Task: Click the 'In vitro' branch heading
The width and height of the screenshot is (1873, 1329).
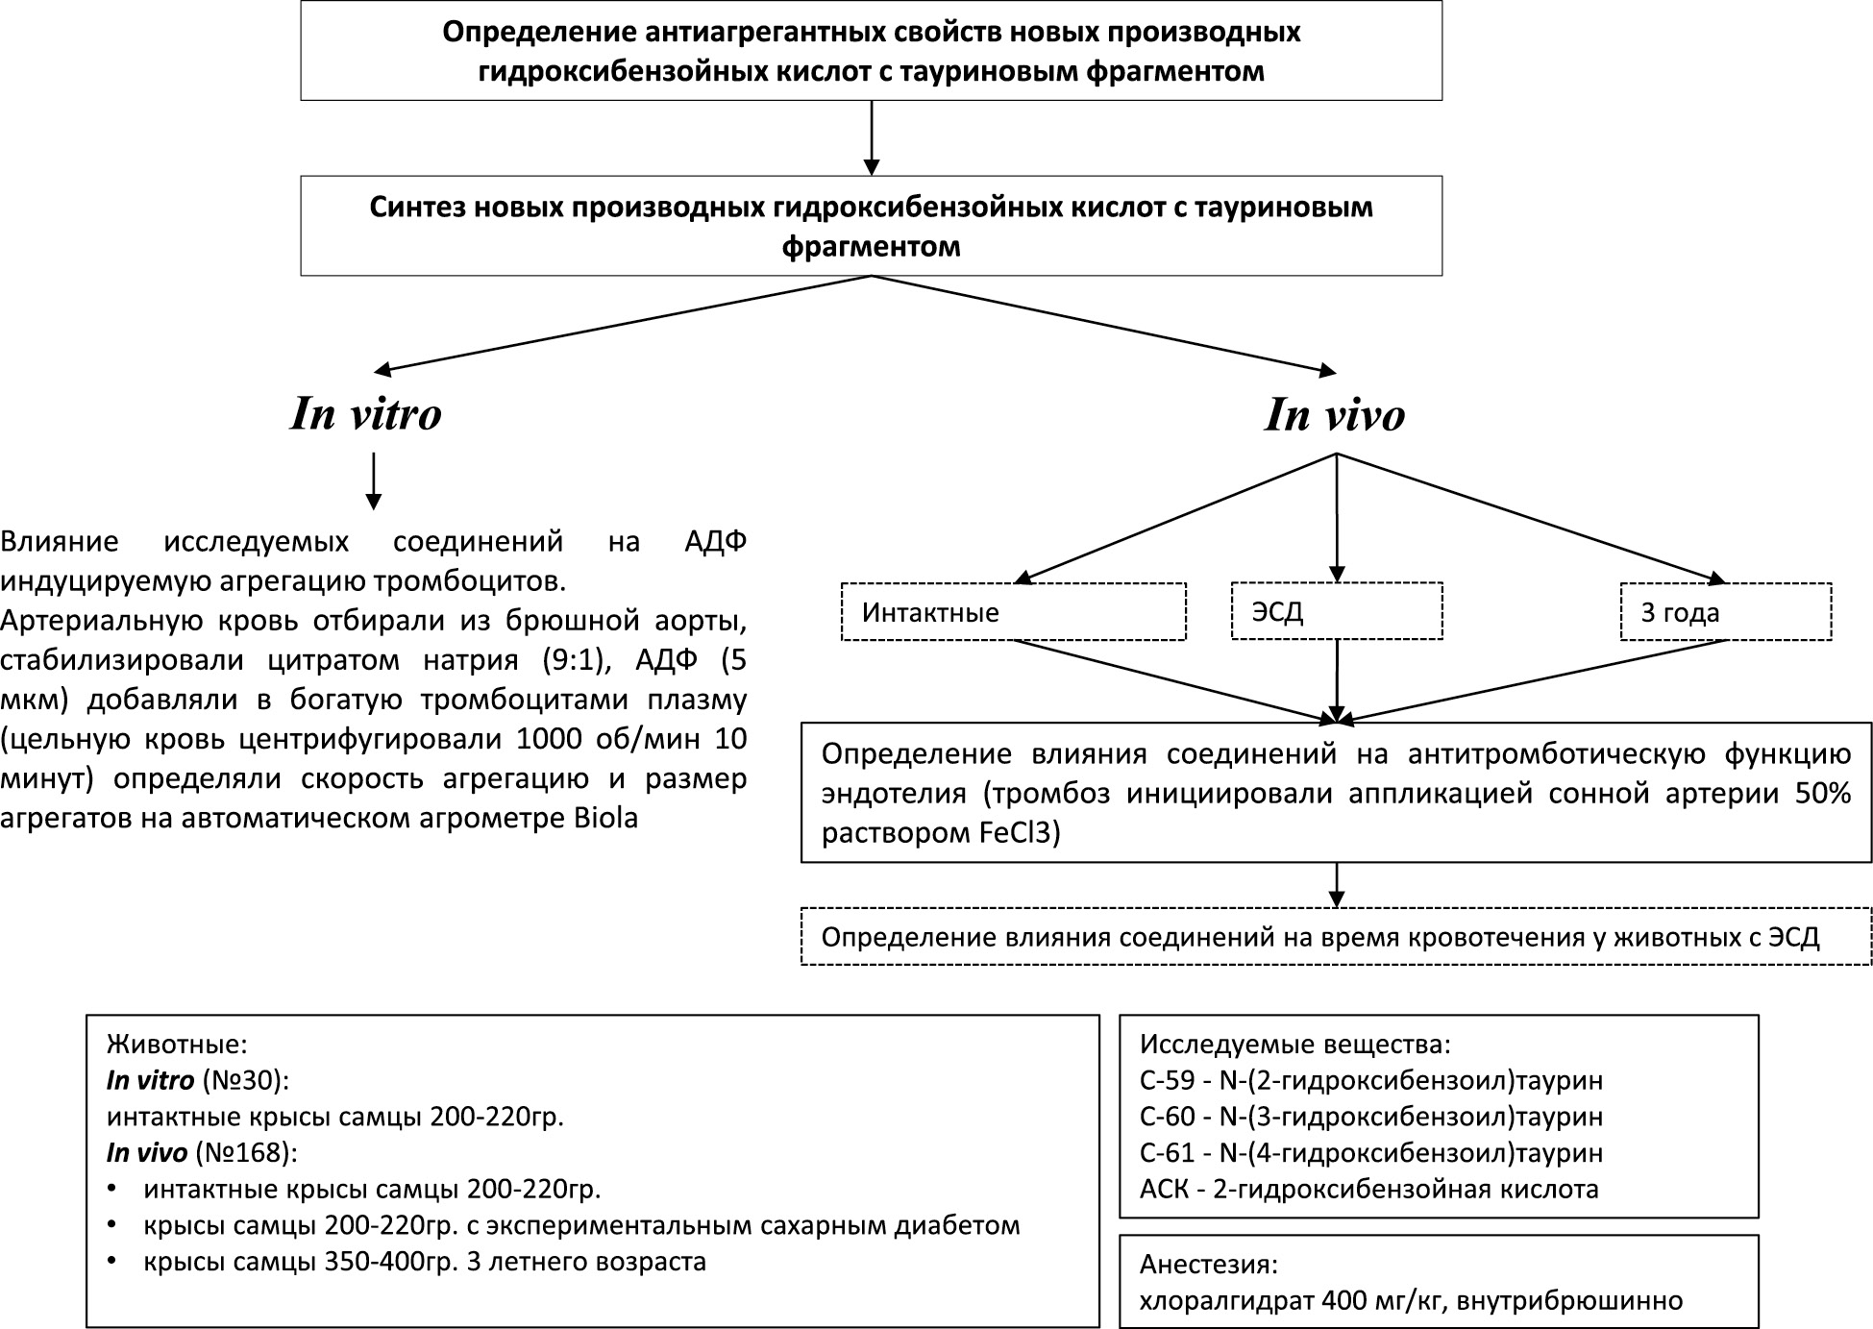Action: pyautogui.click(x=366, y=414)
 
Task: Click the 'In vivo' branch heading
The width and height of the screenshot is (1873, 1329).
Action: pyautogui.click(x=1335, y=415)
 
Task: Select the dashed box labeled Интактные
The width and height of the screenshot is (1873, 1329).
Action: pyautogui.click(x=1013, y=612)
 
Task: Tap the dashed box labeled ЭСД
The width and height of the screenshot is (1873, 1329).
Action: pyautogui.click(x=1336, y=612)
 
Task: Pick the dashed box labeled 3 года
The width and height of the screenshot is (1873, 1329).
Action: pyautogui.click(x=1725, y=612)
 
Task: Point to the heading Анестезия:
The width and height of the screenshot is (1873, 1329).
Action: pyautogui.click(x=1209, y=1264)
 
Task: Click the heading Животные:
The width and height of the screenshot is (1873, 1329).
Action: pyautogui.click(x=177, y=1045)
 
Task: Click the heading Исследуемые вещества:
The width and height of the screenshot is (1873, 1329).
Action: pyautogui.click(x=1294, y=1045)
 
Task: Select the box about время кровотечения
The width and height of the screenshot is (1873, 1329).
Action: pyautogui.click(x=1336, y=937)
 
